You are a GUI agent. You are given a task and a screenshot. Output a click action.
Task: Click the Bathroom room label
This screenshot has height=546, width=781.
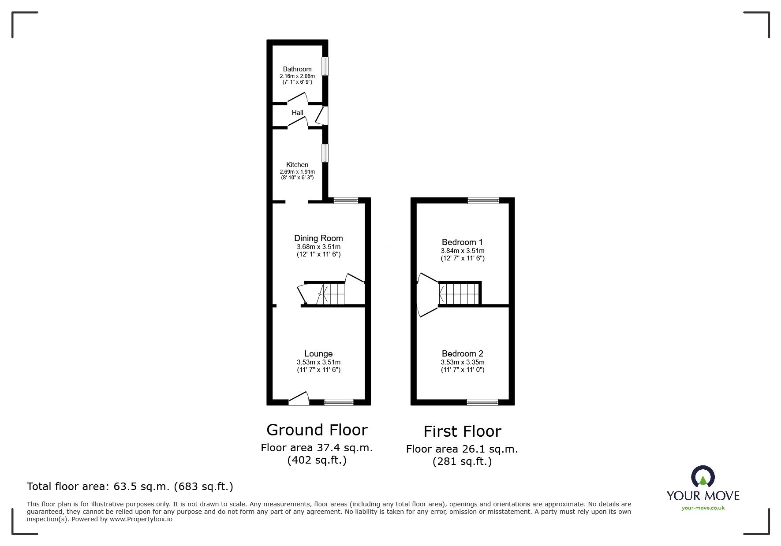(x=297, y=69)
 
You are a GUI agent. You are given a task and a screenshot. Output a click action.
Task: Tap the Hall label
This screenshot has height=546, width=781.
(x=297, y=113)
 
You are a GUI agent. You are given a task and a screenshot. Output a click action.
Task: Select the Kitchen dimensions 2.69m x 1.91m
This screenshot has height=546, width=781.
(x=297, y=172)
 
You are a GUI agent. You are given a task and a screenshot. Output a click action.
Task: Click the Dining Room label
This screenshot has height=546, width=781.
(x=318, y=238)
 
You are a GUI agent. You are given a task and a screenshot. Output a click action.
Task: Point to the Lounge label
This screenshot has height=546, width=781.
(x=318, y=354)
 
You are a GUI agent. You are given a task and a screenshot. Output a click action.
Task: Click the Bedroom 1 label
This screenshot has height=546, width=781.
(x=462, y=242)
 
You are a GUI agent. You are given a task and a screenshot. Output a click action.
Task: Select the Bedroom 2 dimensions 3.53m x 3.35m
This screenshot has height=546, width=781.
(x=462, y=362)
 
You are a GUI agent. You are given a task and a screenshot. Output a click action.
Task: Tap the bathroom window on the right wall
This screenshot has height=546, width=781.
(x=325, y=67)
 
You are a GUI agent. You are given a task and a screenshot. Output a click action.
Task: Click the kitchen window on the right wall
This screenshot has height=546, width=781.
(x=325, y=153)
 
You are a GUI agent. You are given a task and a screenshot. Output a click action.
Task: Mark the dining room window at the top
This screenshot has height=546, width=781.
(x=346, y=201)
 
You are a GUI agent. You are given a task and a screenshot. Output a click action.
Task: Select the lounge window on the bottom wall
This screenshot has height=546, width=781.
(x=339, y=402)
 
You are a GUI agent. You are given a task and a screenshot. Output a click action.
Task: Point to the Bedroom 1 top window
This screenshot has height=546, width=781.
(x=483, y=201)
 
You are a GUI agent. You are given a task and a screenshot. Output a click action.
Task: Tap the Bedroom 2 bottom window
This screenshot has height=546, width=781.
(x=482, y=402)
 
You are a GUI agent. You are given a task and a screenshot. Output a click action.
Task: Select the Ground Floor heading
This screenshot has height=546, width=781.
(x=317, y=430)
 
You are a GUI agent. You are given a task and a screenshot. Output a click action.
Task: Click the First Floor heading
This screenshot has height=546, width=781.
(x=462, y=431)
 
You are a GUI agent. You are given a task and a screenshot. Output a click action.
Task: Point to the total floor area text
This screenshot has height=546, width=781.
(x=130, y=487)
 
